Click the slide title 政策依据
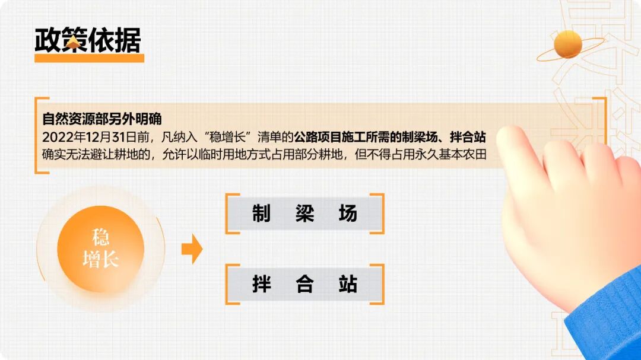point(88,40)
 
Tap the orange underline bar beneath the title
point(89,58)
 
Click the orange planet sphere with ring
point(568,45)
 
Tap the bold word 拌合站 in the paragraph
point(468,137)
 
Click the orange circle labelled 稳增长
point(100,249)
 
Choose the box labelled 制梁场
point(304,214)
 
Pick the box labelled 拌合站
point(304,284)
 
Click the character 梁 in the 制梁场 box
point(304,214)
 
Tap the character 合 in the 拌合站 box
point(304,284)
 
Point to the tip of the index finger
point(509,139)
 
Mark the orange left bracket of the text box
point(38,135)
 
